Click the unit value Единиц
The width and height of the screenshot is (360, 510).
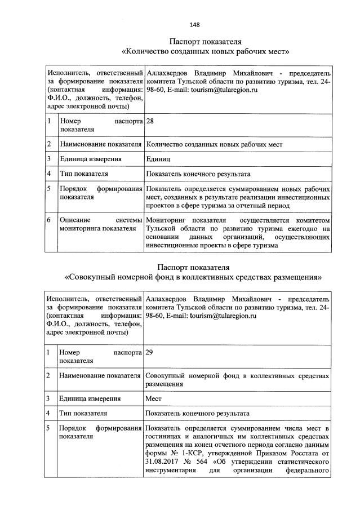point(158,159)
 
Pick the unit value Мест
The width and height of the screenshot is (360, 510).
point(154,398)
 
